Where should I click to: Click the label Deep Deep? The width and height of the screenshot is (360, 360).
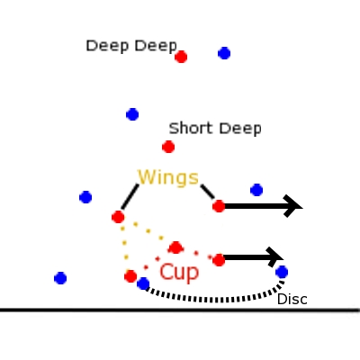[131, 46]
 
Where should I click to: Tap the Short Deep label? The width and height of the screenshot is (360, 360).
[215, 129]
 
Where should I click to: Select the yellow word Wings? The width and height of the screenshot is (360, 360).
[168, 177]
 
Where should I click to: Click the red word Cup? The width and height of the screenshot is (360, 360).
[179, 273]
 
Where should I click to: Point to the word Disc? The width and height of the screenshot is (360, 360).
[292, 300]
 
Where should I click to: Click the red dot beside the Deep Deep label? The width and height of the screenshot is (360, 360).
[181, 57]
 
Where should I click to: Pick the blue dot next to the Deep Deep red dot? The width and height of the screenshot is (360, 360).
[224, 53]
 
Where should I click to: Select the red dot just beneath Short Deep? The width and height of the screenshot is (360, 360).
[168, 147]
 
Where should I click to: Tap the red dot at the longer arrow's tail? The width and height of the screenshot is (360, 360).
[219, 206]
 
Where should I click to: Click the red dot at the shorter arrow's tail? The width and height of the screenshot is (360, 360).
[219, 260]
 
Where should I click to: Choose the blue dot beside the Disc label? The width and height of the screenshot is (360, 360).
[282, 272]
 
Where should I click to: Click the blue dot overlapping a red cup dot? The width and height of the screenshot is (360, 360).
[143, 283]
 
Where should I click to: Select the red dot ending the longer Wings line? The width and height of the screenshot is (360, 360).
[118, 217]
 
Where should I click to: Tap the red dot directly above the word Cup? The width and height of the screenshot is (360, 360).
[175, 247]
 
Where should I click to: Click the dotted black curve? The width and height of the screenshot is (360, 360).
[214, 300]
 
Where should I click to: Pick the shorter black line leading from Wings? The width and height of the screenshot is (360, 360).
[208, 192]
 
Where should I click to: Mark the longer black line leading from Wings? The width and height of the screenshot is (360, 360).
[130, 197]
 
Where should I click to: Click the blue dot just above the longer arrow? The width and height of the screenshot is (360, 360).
[256, 190]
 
